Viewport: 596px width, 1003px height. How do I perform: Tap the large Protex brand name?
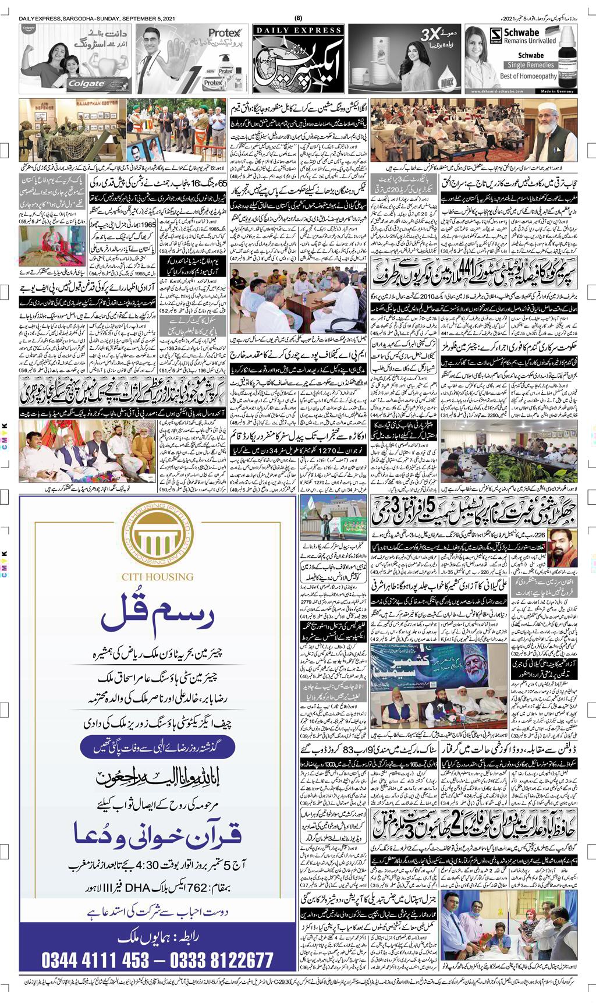coord(224,33)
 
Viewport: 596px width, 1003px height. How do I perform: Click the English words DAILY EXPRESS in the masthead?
coord(298,30)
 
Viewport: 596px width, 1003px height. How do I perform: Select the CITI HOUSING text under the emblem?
coord(157,577)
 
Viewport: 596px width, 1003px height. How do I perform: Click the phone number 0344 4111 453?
coord(95,959)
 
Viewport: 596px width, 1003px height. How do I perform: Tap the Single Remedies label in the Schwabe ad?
coord(530,65)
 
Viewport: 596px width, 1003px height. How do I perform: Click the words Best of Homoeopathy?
coord(528,76)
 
